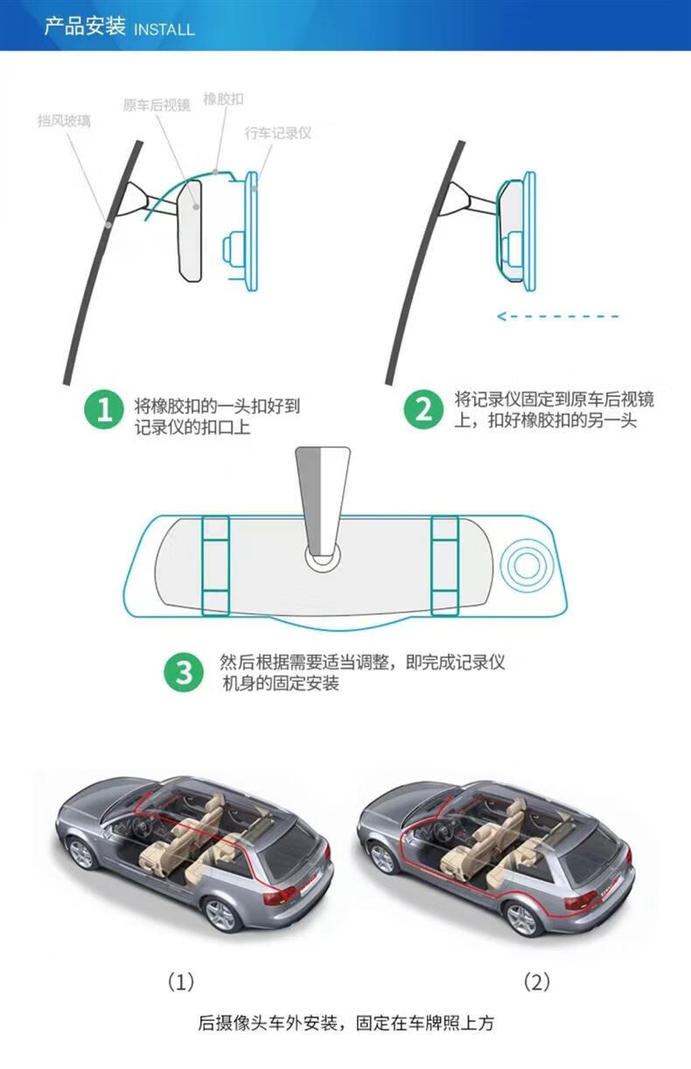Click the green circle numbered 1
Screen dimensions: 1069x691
[104, 411]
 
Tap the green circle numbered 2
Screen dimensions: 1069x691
[424, 410]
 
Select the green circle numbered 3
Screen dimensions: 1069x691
[185, 672]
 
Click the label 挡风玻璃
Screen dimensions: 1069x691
[64, 121]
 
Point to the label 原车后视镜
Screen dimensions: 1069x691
[156, 105]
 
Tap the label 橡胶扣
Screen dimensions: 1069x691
[223, 99]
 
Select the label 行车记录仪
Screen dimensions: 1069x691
[278, 133]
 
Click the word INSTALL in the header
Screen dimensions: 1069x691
[164, 30]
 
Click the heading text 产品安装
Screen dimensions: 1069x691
[85, 26]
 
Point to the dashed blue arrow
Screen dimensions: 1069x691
[558, 316]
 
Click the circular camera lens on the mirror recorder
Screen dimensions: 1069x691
[524, 566]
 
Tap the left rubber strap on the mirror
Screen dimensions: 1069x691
[215, 565]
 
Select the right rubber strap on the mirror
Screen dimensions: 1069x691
[444, 565]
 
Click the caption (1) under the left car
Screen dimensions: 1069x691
[180, 981]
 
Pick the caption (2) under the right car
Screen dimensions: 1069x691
[536, 981]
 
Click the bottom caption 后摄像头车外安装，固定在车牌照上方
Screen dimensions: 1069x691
[346, 1023]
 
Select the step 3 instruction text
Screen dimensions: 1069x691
[361, 672]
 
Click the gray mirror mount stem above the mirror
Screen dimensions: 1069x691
[322, 498]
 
